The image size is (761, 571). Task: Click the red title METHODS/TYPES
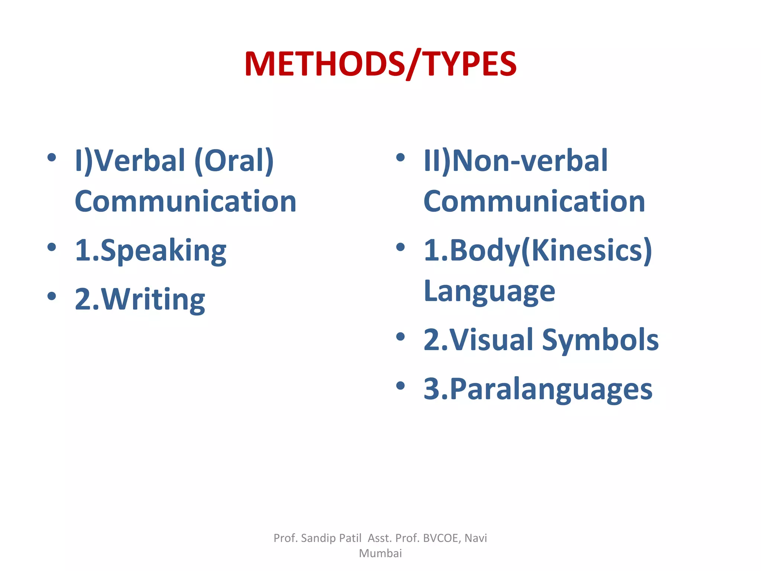click(x=380, y=64)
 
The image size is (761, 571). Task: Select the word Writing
click(x=153, y=300)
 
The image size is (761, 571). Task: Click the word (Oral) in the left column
click(x=234, y=161)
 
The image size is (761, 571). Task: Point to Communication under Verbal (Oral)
click(x=185, y=201)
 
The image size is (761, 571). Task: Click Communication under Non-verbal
click(x=534, y=201)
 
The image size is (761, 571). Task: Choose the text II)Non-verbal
click(x=515, y=161)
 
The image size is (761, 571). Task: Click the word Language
click(x=489, y=291)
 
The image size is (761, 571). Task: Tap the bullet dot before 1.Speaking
click(x=52, y=247)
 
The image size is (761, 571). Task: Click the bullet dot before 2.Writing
click(x=52, y=296)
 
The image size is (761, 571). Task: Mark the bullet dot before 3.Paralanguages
click(x=400, y=385)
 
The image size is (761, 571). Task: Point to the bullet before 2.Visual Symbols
click(x=400, y=337)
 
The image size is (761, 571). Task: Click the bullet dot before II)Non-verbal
click(x=400, y=157)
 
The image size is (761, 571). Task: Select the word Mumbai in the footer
click(x=380, y=553)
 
